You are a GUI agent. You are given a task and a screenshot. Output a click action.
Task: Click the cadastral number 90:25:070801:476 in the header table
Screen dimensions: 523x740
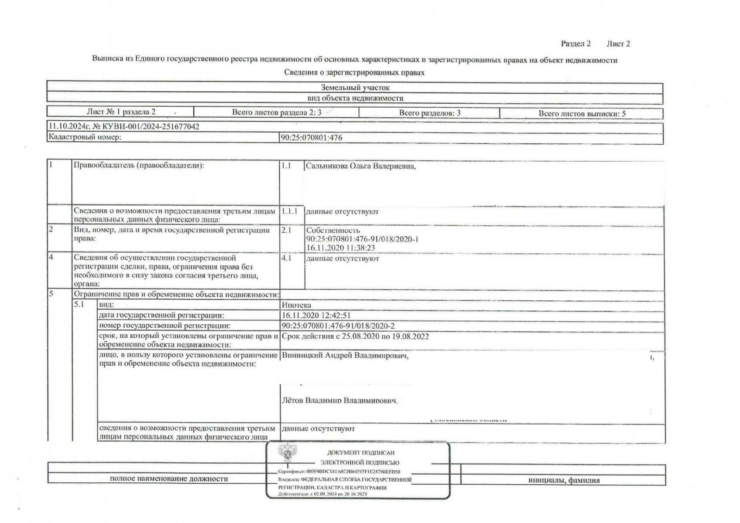[x=312, y=138]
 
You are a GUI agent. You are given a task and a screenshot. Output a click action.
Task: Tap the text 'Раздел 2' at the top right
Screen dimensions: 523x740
[x=576, y=44]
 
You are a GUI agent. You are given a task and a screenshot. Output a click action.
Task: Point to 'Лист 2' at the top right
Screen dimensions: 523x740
[x=618, y=44]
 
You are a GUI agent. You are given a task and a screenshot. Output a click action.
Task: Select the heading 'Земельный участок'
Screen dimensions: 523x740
[x=355, y=88]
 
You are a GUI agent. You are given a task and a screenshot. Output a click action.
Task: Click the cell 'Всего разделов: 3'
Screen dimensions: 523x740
[x=429, y=113]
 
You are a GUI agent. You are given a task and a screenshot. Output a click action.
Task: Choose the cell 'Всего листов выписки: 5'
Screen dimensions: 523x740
[x=582, y=113]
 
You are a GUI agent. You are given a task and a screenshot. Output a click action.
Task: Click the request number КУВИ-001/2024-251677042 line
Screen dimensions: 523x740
[x=124, y=127]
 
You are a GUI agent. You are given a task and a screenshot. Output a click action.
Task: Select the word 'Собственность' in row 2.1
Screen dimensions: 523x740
[x=333, y=230]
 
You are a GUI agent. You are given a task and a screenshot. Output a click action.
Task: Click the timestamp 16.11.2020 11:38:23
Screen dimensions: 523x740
[x=340, y=248]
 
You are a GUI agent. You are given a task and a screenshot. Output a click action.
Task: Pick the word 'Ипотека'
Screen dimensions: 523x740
[x=297, y=305]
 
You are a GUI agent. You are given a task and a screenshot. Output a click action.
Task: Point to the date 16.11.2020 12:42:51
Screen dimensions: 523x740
[x=316, y=315]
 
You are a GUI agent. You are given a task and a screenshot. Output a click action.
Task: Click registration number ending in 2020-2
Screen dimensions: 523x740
[x=338, y=326]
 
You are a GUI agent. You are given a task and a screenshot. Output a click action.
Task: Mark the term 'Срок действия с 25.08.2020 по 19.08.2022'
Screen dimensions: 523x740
[x=355, y=336]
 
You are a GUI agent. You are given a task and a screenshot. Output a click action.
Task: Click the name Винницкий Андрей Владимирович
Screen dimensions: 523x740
[x=345, y=356]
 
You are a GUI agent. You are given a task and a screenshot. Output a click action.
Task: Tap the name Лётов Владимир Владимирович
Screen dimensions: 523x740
[x=340, y=400]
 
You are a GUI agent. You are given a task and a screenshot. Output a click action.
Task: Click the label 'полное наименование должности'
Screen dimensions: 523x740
[x=169, y=479]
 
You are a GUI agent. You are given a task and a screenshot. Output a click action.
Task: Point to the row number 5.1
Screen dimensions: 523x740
[x=79, y=305]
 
